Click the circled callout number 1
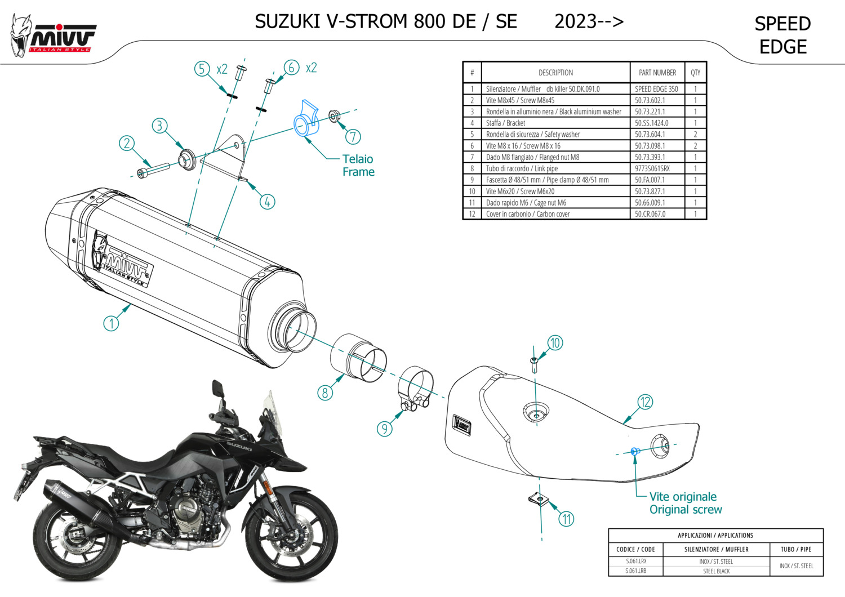click(111, 323)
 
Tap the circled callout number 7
click(353, 136)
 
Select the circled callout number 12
click(645, 402)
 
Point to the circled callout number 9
click(384, 429)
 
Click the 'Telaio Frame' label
click(358, 166)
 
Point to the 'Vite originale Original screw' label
click(685, 503)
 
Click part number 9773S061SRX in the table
click(652, 168)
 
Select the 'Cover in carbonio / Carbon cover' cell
click(528, 214)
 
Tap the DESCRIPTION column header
click(555, 73)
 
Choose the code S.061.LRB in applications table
click(636, 571)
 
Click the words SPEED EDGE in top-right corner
click(782, 35)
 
